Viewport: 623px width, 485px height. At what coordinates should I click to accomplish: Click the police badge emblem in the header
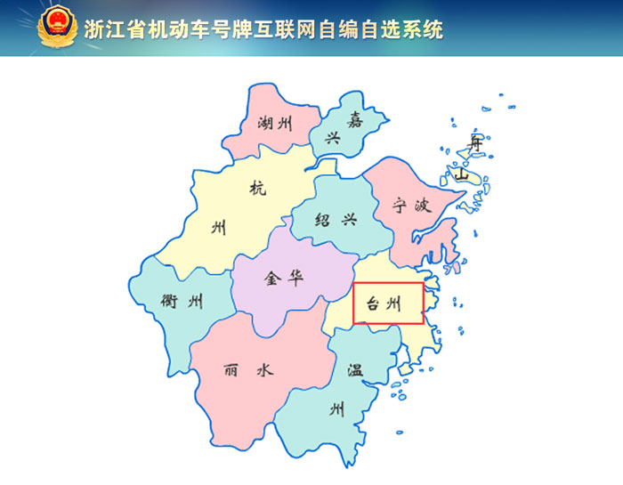click(58, 28)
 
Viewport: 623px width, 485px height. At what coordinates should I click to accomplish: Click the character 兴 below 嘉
click(333, 138)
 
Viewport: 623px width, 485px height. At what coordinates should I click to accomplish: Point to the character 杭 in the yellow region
click(258, 188)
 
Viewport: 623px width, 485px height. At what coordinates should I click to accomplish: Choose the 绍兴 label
click(336, 219)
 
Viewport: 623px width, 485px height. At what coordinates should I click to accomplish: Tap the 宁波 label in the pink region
click(412, 206)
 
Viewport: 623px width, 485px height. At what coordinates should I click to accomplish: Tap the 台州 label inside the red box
click(388, 304)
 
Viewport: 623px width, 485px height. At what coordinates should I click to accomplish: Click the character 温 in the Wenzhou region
click(355, 370)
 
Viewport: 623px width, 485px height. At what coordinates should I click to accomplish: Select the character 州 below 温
click(337, 410)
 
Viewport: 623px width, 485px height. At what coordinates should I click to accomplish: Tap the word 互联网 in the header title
click(296, 28)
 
